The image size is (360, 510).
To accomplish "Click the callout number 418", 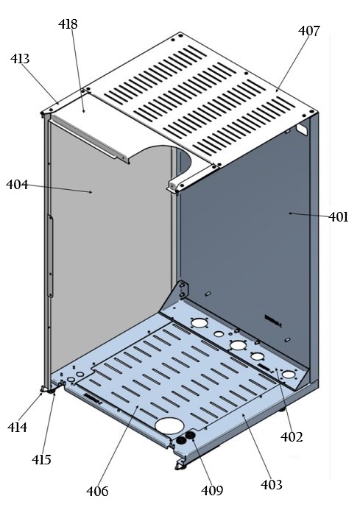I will pyautogui.click(x=68, y=25).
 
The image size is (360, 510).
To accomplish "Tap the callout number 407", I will pyautogui.click(x=309, y=31).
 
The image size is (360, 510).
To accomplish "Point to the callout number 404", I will pyautogui.click(x=17, y=185).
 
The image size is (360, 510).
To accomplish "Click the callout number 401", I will pyautogui.click(x=339, y=217).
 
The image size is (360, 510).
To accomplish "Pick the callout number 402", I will pyautogui.click(x=292, y=436).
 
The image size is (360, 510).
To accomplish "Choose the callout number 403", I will pyautogui.click(x=272, y=484).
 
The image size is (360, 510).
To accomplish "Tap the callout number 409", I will pyautogui.click(x=213, y=489).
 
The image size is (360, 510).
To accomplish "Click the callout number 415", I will pyautogui.click(x=41, y=460).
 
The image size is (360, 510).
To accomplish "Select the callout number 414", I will pyautogui.click(x=18, y=427).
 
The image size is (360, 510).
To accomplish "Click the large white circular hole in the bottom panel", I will pyautogui.click(x=169, y=426).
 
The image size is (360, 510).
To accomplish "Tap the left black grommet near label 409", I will pyautogui.click(x=180, y=439).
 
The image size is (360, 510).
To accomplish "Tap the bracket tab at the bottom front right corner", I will pyautogui.click(x=179, y=464).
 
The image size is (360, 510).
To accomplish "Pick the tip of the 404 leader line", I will pyautogui.click(x=91, y=193).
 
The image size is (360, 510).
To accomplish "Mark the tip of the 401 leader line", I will pyautogui.click(x=290, y=213).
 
